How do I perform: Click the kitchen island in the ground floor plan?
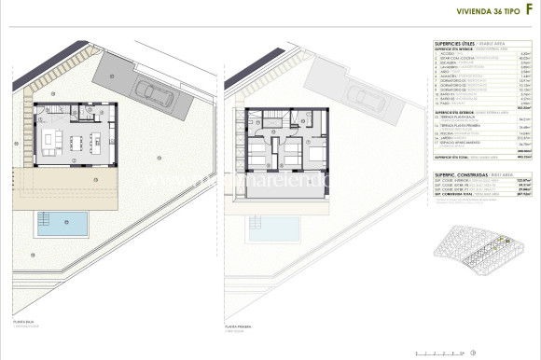click(97, 142)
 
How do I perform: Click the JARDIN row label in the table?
click(447, 139)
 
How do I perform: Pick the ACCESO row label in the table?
click(448, 53)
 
